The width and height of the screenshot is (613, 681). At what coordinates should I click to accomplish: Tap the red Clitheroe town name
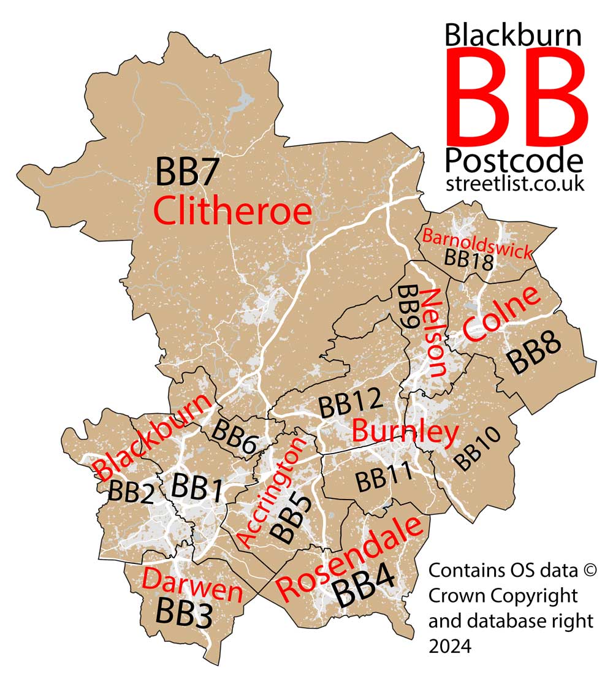pos(232,211)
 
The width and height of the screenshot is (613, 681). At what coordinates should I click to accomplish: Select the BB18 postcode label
pos(469,260)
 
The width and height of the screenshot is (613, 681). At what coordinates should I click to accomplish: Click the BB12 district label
pos(350,405)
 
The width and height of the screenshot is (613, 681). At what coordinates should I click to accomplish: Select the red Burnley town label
pos(406,432)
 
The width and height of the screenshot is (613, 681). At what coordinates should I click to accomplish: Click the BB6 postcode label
pos(234,436)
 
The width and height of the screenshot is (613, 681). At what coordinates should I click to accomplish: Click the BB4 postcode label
pos(363,593)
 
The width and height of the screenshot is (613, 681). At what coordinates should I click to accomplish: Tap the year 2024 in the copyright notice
pos(449,645)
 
